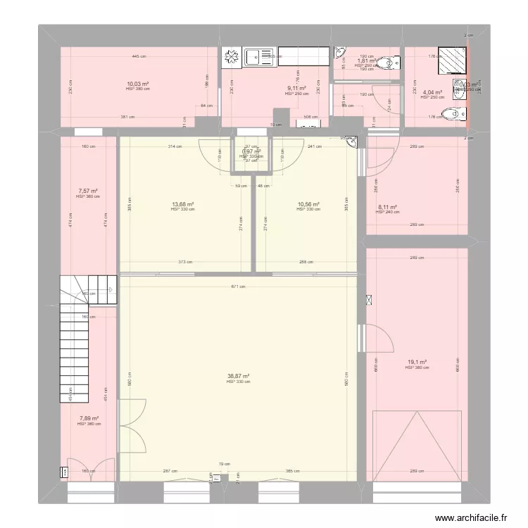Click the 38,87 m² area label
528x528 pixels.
click(x=239, y=376)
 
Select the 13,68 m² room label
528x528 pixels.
click(x=182, y=205)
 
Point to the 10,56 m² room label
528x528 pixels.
click(x=308, y=205)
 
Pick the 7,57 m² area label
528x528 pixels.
click(x=88, y=191)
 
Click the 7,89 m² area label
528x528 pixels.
click(x=89, y=418)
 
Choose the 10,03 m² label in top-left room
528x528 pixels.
click(x=137, y=84)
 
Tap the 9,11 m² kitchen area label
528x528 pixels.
click(x=296, y=89)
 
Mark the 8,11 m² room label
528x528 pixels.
click(x=388, y=207)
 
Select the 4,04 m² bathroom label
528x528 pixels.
click(x=432, y=92)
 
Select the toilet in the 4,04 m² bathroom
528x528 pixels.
click(x=451, y=114)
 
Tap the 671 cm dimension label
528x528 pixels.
click(x=239, y=287)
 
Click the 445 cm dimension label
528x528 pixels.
click(x=138, y=56)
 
